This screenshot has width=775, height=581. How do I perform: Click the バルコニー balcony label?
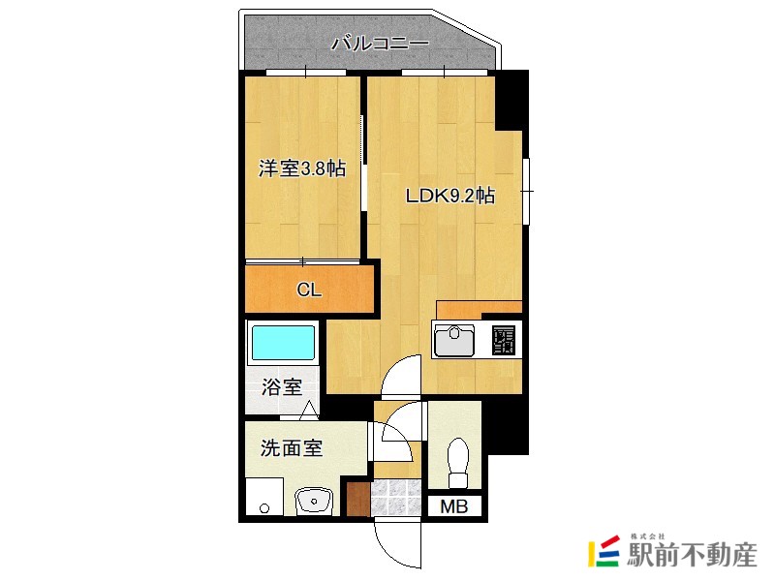click(x=380, y=44)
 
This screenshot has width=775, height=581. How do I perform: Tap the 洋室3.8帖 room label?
click(x=302, y=168)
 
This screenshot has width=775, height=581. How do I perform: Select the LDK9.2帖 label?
click(x=450, y=197)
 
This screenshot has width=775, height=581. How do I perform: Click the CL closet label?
click(x=309, y=290)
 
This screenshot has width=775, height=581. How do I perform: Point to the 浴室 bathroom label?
click(x=282, y=386)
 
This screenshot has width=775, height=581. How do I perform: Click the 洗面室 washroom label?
click(x=292, y=448)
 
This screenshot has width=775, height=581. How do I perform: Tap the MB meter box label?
click(x=453, y=506)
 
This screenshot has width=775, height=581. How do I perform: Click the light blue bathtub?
click(x=283, y=343)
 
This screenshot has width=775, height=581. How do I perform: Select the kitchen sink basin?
click(x=453, y=340)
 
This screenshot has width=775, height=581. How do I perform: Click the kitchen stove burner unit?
click(x=504, y=341)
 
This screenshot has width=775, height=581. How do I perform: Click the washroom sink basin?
click(x=314, y=502)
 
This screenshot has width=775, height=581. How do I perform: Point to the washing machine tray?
click(x=264, y=497)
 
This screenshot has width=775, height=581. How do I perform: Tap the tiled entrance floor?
click(x=396, y=498)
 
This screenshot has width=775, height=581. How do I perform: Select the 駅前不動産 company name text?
click(x=692, y=555)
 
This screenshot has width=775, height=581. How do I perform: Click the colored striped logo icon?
click(x=604, y=550)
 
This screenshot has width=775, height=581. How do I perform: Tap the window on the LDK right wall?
click(x=527, y=191)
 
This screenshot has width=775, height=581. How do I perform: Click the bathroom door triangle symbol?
click(x=309, y=409)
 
